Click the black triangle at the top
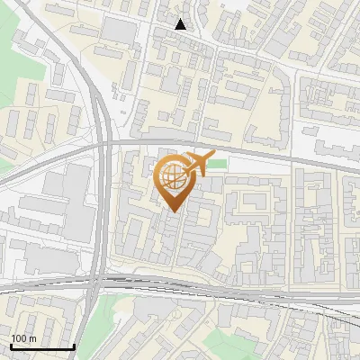point(181,24)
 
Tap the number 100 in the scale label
point(18,338)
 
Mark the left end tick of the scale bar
point(10,346)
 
